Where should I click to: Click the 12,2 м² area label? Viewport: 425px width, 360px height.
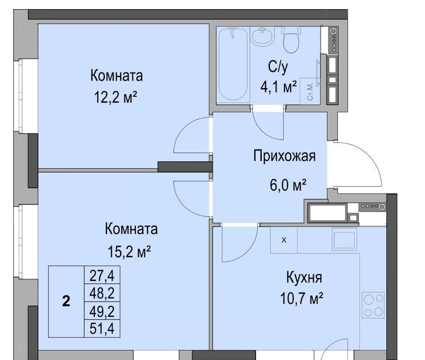pyautogui.click(x=116, y=97)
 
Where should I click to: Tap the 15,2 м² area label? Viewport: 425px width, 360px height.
pyautogui.click(x=129, y=251)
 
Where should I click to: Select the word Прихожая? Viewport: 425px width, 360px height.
pyautogui.click(x=285, y=156)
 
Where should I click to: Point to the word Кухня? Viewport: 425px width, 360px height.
pyautogui.click(x=304, y=277)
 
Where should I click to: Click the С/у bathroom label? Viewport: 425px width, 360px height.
pyautogui.click(x=278, y=67)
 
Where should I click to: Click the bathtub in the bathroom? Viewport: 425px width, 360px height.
pyautogui.click(x=233, y=64)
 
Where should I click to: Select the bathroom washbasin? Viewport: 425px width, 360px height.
pyautogui.click(x=262, y=36)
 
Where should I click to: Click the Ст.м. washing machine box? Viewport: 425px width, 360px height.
pyautogui.click(x=310, y=91)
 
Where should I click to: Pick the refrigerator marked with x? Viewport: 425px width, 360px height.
pyautogui.click(x=284, y=240)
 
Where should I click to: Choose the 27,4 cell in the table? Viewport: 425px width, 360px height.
pyautogui.click(x=102, y=275)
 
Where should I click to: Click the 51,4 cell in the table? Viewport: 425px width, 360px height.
pyautogui.click(x=102, y=329)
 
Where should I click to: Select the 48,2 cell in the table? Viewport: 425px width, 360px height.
pyautogui.click(x=102, y=293)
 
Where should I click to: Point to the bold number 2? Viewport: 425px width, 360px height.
pyautogui.click(x=66, y=301)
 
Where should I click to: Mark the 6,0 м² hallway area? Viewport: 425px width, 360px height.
pyautogui.click(x=289, y=185)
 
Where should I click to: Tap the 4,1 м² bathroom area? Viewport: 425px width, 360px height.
pyautogui.click(x=278, y=87)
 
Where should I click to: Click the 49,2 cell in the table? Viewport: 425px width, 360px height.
pyautogui.click(x=102, y=311)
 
